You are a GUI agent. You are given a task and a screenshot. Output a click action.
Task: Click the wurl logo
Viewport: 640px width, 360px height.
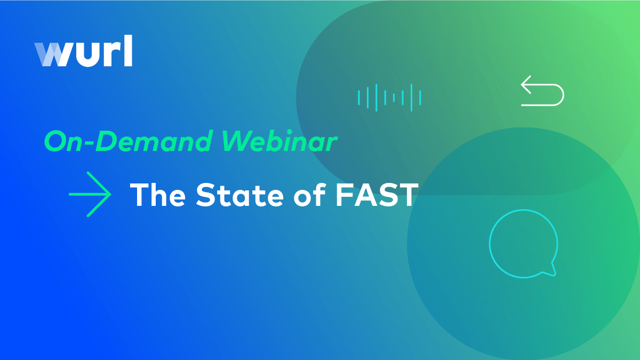coord(83,51)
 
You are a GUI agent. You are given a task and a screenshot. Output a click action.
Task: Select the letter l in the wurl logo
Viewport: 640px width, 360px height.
coord(129,51)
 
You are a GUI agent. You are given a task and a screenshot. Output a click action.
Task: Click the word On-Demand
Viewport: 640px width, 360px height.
coord(129,141)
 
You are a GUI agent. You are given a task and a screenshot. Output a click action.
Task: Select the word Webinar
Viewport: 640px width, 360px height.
coord(279,141)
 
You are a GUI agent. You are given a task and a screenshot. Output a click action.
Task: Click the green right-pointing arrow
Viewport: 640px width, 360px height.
coord(90,194)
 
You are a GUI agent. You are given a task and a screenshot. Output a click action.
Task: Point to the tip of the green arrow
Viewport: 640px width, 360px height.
coord(111,194)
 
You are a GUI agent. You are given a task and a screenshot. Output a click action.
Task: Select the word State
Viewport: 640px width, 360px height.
coord(239,195)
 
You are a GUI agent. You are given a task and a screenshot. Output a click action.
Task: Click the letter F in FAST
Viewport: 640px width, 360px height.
coord(344,195)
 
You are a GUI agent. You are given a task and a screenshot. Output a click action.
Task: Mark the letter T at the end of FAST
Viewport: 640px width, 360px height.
coord(409,195)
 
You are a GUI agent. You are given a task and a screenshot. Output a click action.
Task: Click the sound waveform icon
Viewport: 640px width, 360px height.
coord(389,98)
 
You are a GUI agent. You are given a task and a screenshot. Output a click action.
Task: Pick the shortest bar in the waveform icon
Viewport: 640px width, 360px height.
coord(394,98)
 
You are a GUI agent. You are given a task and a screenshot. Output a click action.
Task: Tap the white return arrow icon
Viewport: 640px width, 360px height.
coord(542,91)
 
